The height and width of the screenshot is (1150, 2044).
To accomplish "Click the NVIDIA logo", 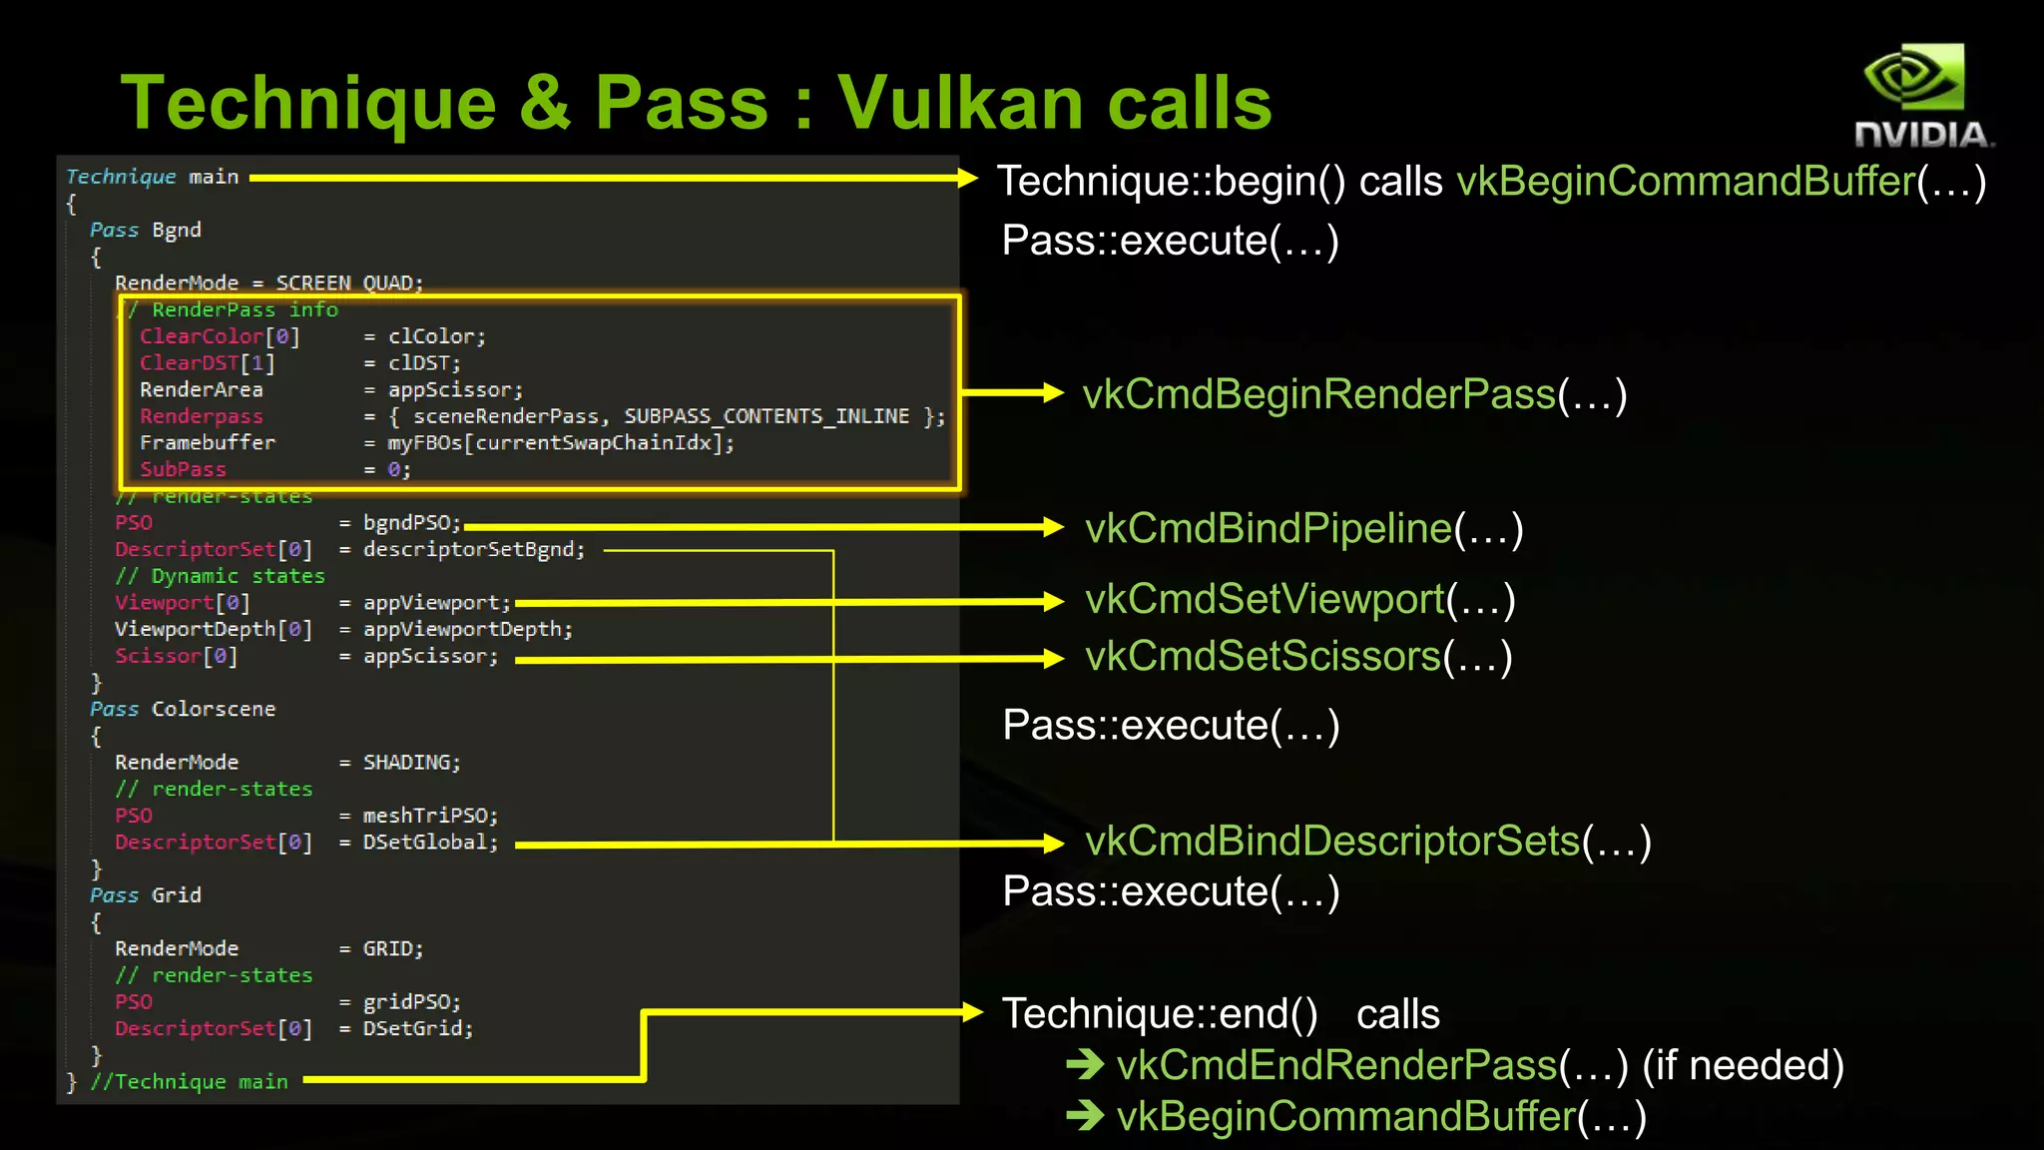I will point(1921,96).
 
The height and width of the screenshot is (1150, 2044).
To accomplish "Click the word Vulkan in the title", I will point(959,103).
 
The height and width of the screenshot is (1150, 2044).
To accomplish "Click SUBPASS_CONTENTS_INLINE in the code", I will point(766,416).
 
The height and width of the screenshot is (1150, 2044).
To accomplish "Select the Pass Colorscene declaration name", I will point(213,710).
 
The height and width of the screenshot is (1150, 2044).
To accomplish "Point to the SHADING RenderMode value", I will point(408,763).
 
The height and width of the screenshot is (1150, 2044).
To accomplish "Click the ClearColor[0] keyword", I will point(219,336).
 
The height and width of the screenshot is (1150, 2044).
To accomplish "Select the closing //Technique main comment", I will point(189,1082).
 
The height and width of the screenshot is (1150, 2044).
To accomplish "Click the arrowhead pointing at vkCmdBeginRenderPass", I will point(1053,393).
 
